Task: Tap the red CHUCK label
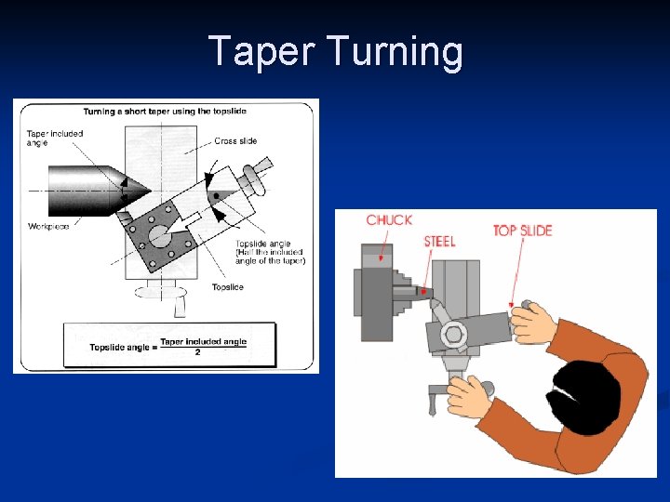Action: (x=389, y=220)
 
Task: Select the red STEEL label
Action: (x=440, y=242)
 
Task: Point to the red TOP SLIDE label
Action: (x=523, y=231)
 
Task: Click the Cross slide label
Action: (x=235, y=141)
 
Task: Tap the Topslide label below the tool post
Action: (x=228, y=287)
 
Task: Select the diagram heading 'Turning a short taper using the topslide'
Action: (x=165, y=112)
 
